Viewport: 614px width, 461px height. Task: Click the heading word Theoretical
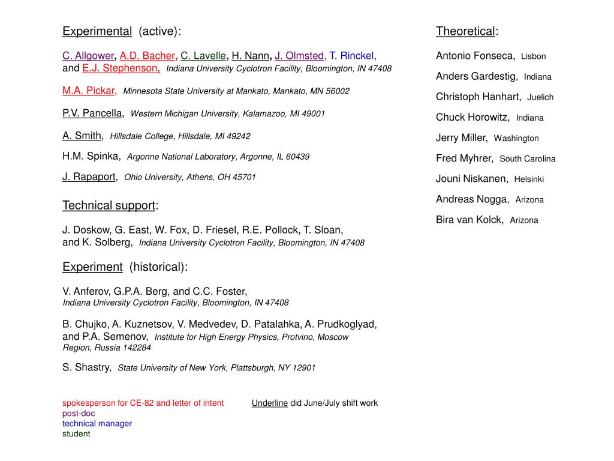(466, 31)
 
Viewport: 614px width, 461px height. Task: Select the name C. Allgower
(88, 56)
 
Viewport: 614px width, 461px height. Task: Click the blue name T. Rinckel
(352, 56)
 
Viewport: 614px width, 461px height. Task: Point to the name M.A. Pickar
(89, 91)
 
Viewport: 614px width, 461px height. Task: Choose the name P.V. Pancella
(92, 113)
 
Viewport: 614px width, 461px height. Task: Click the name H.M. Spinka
(91, 156)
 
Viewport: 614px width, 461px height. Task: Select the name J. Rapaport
(89, 176)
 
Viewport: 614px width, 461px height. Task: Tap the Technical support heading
(109, 206)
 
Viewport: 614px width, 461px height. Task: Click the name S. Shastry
(86, 367)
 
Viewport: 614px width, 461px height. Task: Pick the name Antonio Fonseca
(475, 56)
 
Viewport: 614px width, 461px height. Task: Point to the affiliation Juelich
(540, 97)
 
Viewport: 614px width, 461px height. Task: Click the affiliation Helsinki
(529, 179)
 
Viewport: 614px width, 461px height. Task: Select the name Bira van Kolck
(469, 220)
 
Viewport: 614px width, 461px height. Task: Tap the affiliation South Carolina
(527, 159)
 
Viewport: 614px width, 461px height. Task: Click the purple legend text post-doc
(79, 413)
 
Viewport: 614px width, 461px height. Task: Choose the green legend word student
(76, 434)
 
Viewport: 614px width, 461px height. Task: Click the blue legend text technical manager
(97, 423)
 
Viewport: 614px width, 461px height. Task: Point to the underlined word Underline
(270, 403)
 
